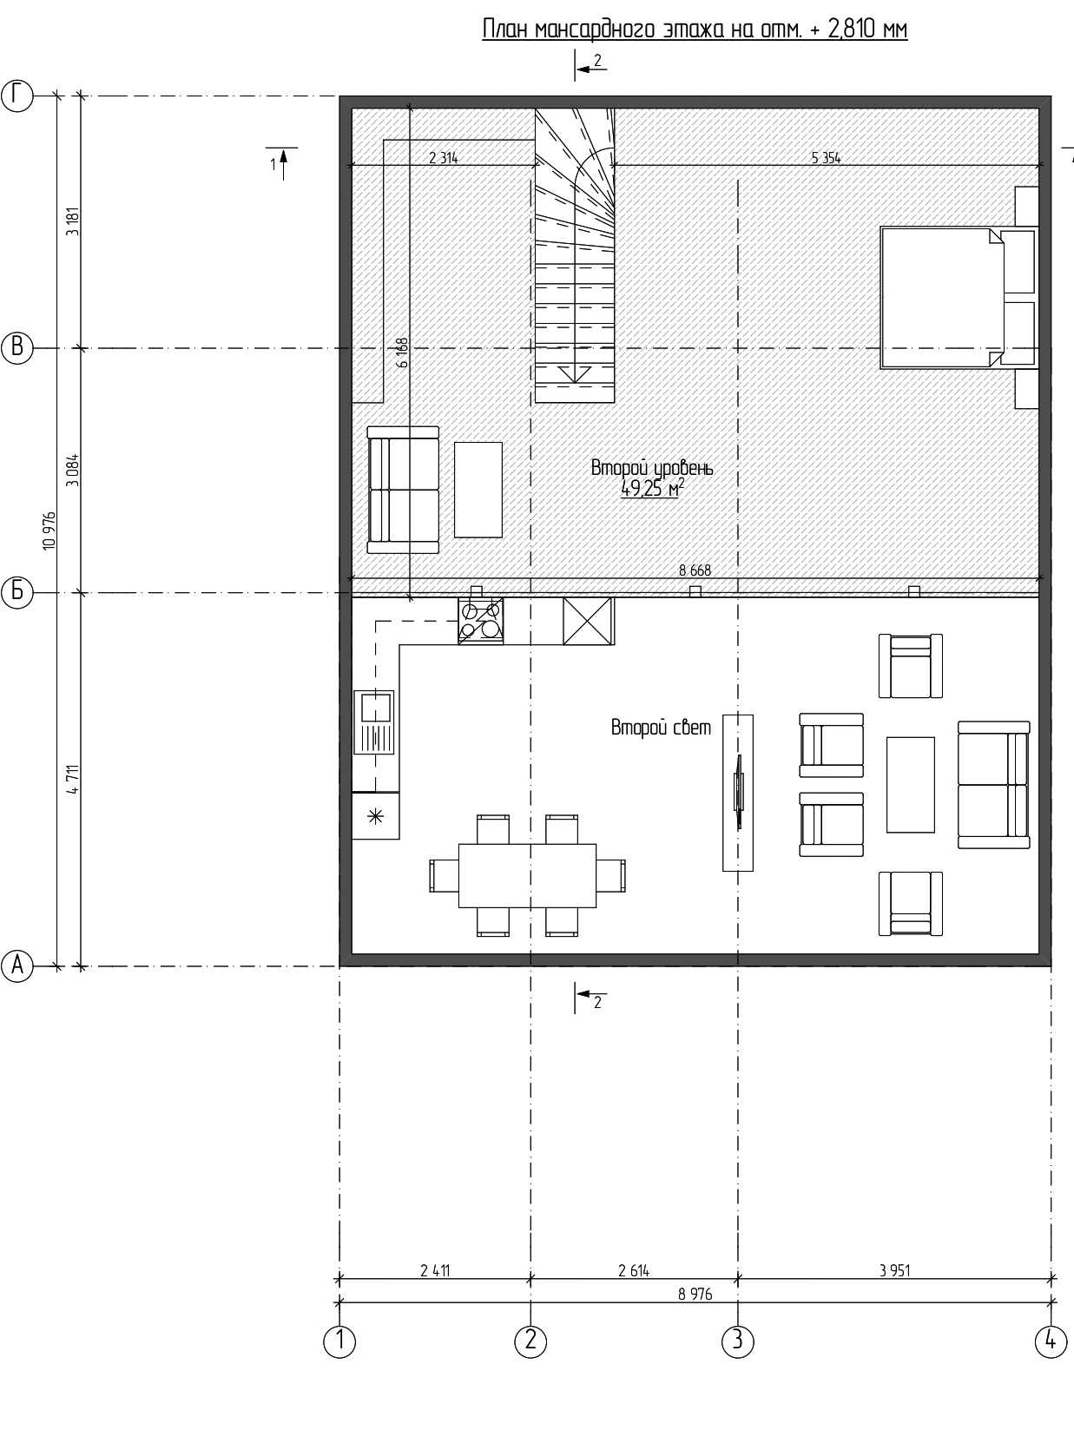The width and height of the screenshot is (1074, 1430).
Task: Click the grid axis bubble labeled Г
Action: pyautogui.click(x=17, y=96)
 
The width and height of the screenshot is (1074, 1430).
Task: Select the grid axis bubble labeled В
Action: pyautogui.click(x=17, y=348)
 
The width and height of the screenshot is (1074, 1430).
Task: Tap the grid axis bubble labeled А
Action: pyautogui.click(x=17, y=965)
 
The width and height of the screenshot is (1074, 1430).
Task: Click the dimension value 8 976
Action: pyautogui.click(x=695, y=1294)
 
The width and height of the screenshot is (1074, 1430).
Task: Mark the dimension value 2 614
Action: pyautogui.click(x=634, y=1269)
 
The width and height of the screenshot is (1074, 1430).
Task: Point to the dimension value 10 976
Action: pyautogui.click(x=49, y=531)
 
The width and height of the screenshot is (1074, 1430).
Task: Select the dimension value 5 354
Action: pyautogui.click(x=826, y=158)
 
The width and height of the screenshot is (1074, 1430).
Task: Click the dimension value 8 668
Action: pyautogui.click(x=695, y=570)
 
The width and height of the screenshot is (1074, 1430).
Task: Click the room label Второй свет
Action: pyautogui.click(x=661, y=727)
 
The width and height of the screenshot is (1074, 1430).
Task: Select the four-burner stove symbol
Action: pyautogui.click(x=481, y=621)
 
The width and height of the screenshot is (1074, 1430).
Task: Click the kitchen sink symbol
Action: pyautogui.click(x=374, y=722)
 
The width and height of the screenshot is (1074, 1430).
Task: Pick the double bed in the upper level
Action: pyautogui.click(x=958, y=298)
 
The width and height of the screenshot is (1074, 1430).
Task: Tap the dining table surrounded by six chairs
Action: pyautogui.click(x=528, y=875)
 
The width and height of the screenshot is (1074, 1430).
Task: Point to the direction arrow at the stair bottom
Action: pyautogui.click(x=574, y=374)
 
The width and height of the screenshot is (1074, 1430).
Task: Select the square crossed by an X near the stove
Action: pyautogui.click(x=588, y=621)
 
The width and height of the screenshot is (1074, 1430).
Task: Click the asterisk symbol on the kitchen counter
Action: pyautogui.click(x=375, y=815)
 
